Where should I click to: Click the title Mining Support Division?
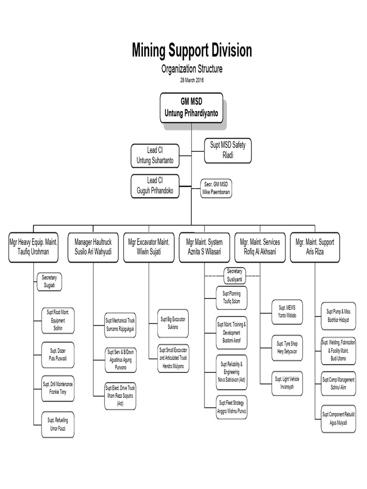tap(192, 51)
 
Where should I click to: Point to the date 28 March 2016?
tap(192, 80)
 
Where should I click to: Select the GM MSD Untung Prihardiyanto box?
tap(191, 107)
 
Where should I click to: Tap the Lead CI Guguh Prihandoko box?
tap(155, 186)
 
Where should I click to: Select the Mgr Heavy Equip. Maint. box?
tap(33, 247)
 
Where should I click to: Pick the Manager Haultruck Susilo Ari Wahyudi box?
tap(93, 247)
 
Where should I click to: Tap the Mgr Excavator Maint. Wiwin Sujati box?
tap(149, 247)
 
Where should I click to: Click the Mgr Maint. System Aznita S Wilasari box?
tap(205, 247)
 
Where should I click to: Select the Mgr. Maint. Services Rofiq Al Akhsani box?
tap(260, 247)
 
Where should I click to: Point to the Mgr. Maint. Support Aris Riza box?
tap(314, 247)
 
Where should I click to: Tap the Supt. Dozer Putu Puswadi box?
tap(58, 355)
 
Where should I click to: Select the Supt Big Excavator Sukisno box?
tap(173, 323)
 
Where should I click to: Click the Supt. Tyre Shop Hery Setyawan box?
tap(287, 348)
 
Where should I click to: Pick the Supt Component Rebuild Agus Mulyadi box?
tap(338, 419)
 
